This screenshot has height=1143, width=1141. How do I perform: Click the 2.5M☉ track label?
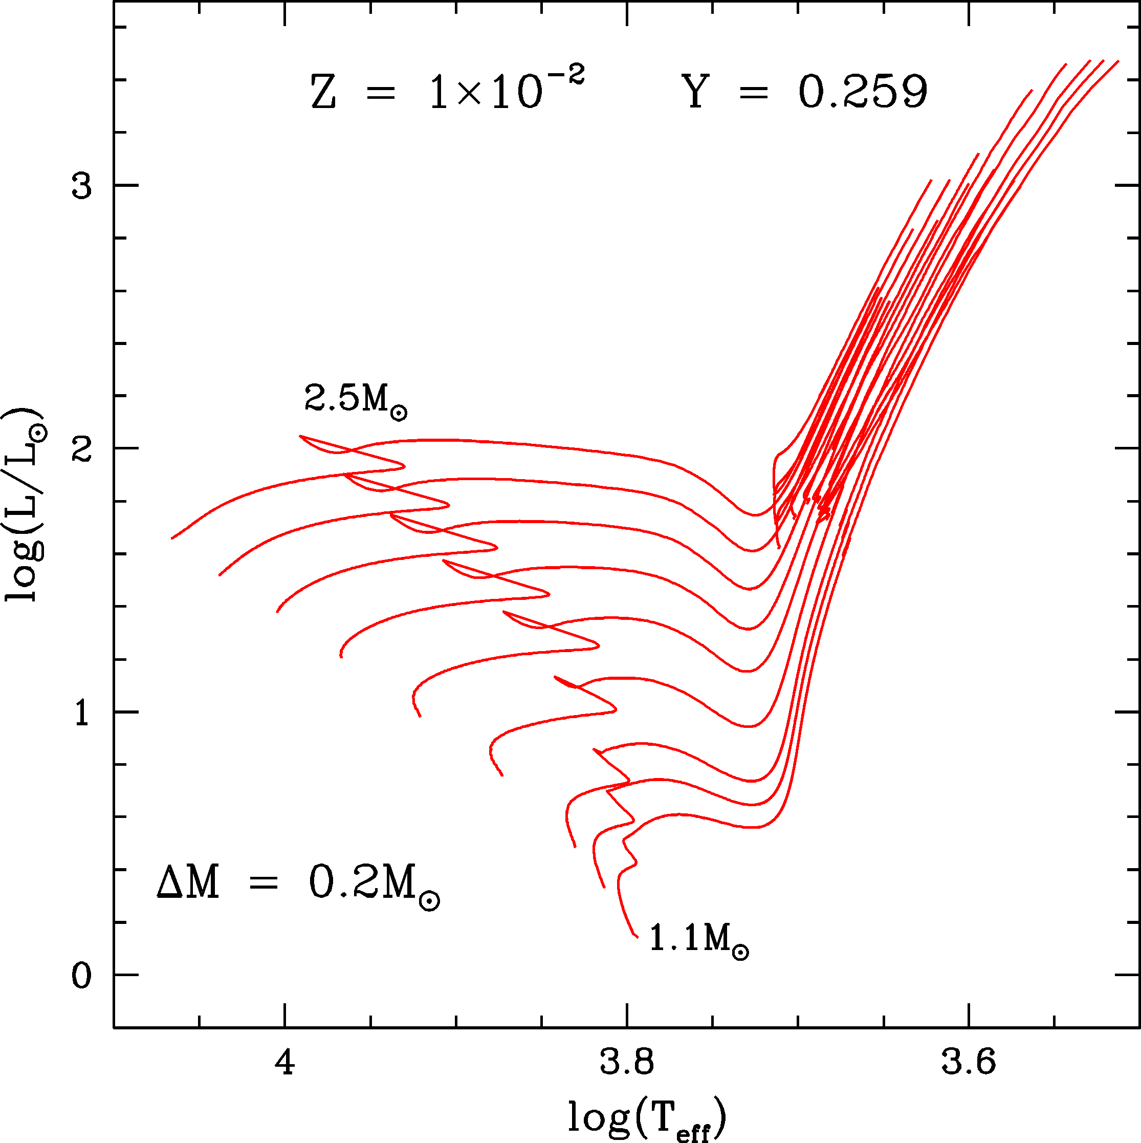coord(356,400)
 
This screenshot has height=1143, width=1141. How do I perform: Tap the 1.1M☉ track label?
coord(698,939)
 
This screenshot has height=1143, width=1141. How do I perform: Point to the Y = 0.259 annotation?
coord(804,92)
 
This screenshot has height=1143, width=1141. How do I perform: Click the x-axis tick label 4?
coord(285,1063)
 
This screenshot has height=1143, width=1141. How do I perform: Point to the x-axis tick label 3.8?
coord(627,1063)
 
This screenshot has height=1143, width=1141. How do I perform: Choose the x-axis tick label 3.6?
coord(968,1063)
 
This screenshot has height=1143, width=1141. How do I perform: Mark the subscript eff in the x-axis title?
coord(693,1131)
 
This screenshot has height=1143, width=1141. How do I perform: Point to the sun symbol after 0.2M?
coord(429,900)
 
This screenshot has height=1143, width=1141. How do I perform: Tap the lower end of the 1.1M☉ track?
coord(637,937)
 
